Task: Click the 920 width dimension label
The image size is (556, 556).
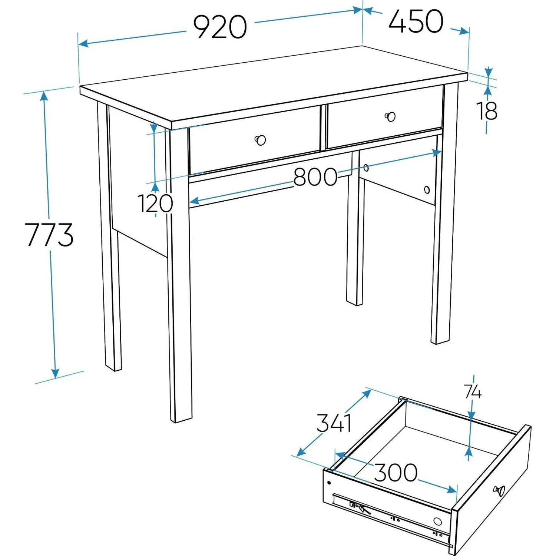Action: point(220,27)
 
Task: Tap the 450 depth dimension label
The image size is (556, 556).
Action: point(416,21)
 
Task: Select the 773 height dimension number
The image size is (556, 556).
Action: point(49,235)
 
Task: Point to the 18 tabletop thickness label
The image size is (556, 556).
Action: point(487,111)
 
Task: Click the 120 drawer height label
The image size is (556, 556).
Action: point(155,203)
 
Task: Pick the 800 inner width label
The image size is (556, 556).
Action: point(315,177)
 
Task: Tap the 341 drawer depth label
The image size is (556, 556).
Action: point(334,423)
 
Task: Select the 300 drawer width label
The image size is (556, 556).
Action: point(396,472)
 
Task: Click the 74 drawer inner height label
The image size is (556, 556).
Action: point(473,392)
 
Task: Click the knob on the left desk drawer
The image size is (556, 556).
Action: point(260,140)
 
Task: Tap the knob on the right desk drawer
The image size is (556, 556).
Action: point(390,117)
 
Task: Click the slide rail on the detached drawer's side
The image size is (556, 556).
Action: point(391,517)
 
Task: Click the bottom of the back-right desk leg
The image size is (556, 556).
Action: point(354,303)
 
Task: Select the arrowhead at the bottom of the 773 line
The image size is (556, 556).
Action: point(55,373)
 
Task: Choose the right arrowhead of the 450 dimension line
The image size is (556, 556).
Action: point(464,31)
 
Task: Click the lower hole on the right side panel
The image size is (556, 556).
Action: point(427,190)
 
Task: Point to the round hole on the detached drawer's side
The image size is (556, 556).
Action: point(438,522)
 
